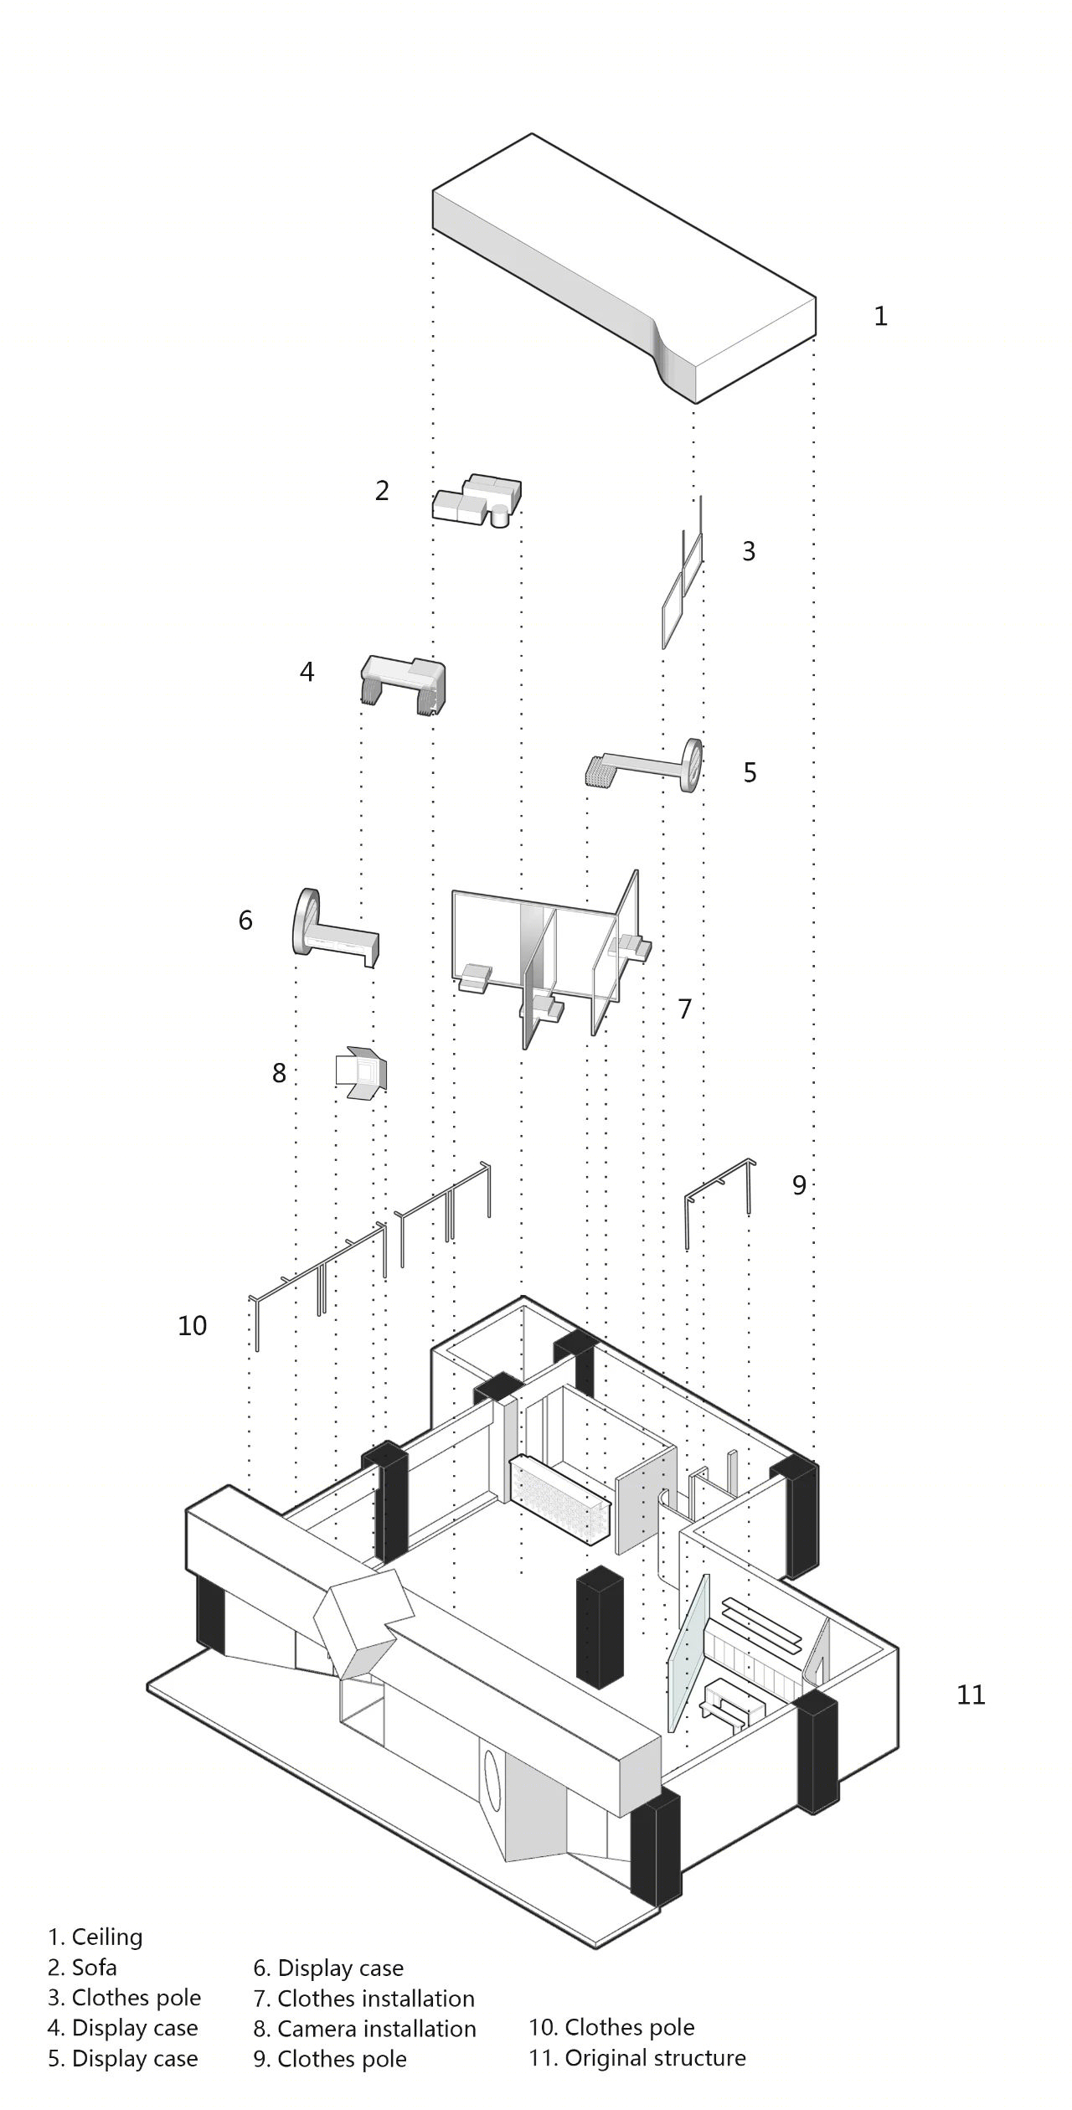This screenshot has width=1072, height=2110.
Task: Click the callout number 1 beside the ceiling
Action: (x=880, y=316)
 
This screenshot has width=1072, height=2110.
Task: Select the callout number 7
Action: (x=684, y=1009)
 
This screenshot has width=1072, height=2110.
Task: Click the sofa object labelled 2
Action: (x=477, y=500)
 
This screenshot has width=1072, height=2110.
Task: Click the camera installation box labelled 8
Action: (x=361, y=1071)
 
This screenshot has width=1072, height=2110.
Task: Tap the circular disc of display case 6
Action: (x=306, y=921)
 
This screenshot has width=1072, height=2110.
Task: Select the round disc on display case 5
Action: (x=692, y=765)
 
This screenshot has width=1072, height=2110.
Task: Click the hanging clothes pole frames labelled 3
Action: (x=683, y=578)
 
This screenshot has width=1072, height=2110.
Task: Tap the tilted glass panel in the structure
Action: (x=688, y=1652)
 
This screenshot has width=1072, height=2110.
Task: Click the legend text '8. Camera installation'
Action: (x=364, y=2028)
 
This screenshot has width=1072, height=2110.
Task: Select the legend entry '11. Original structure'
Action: (x=636, y=2057)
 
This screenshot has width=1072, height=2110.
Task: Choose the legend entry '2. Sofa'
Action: (x=82, y=1967)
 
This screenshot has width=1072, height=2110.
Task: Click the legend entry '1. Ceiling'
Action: (x=95, y=1937)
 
